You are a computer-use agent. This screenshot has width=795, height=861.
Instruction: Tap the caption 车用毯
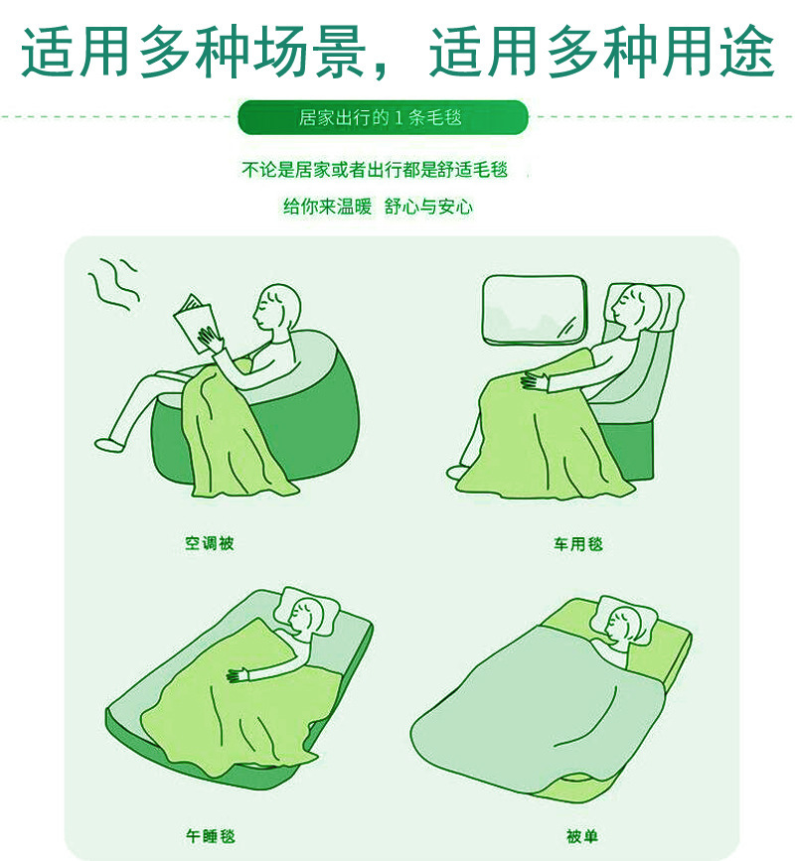tap(578, 544)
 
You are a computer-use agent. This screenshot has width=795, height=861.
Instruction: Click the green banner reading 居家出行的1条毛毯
tap(383, 118)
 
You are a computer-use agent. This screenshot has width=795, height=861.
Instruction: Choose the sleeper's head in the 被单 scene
tap(621, 627)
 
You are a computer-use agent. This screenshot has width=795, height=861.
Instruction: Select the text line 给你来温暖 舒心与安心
tap(378, 207)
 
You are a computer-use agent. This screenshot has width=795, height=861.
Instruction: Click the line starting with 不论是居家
tap(375, 170)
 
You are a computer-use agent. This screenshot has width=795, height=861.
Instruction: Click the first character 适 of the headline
tap(55, 50)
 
